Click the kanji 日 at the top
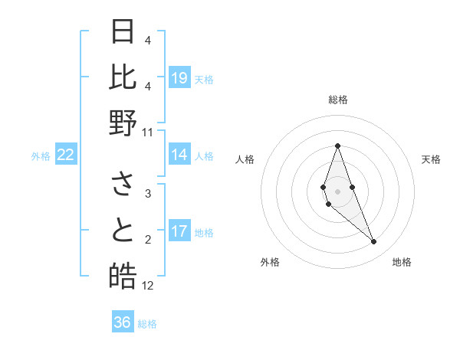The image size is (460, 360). tap(123, 32)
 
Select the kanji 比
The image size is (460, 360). tap(123, 77)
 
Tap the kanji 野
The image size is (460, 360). tap(123, 123)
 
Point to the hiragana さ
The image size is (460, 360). tap(123, 185)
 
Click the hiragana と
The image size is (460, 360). tap(123, 231)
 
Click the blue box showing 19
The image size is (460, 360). tap(179, 78)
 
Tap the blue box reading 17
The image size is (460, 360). tap(179, 232)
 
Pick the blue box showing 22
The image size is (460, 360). tap(66, 155)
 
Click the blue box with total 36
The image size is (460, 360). tap(123, 322)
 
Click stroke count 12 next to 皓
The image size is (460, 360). tap(148, 286)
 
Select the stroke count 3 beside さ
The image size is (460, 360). tap(148, 194)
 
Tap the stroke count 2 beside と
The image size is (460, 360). tap(148, 240)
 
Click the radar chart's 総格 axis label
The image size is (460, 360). tap(337, 100)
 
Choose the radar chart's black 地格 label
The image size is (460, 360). tap(402, 262)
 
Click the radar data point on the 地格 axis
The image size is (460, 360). tap(373, 242)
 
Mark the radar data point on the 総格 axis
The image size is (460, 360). tap(337, 146)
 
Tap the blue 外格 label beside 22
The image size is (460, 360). tap(41, 156)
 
